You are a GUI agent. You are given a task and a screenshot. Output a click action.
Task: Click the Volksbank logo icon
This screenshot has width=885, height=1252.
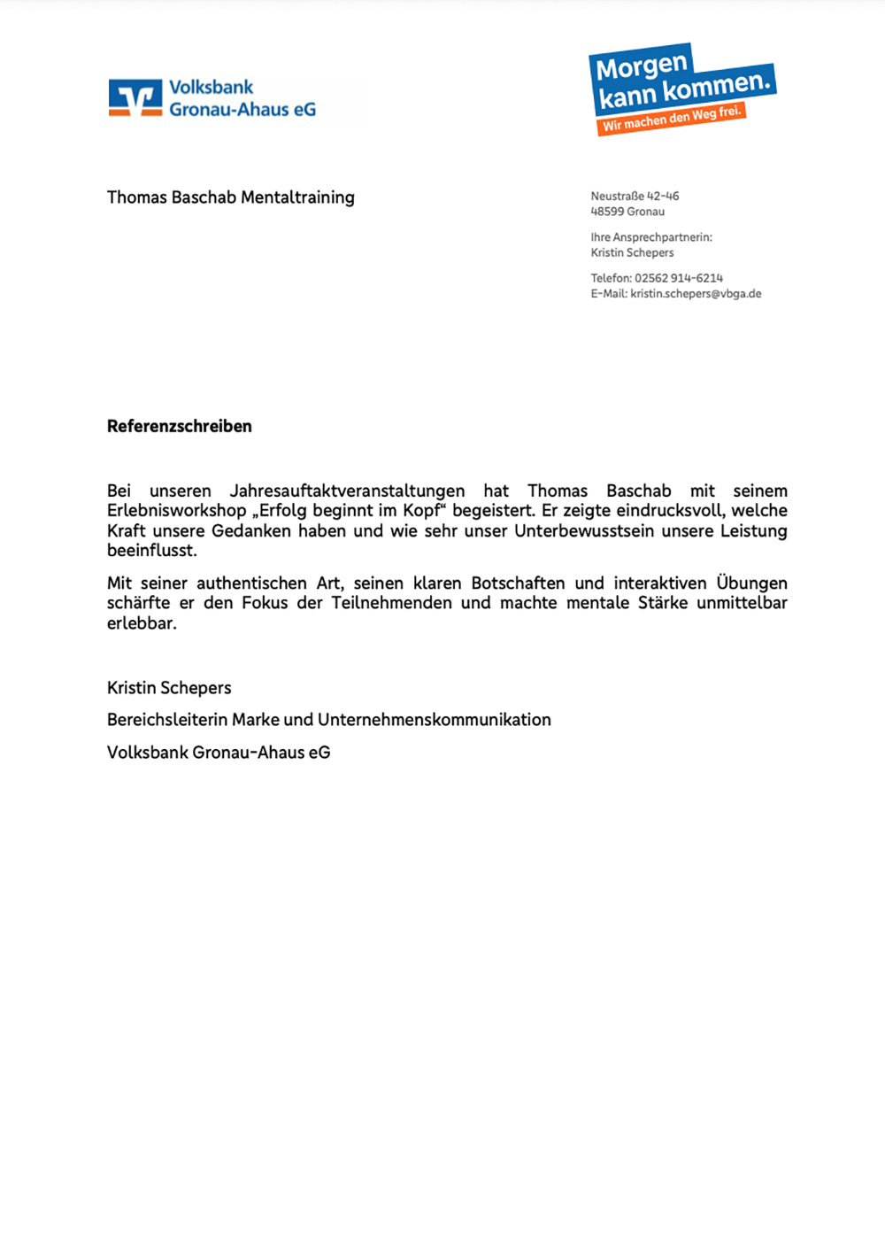point(135,98)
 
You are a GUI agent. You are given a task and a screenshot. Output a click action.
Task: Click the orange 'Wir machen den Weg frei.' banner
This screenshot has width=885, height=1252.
point(672,119)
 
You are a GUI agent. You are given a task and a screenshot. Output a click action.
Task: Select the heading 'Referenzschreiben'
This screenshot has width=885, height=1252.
point(180,426)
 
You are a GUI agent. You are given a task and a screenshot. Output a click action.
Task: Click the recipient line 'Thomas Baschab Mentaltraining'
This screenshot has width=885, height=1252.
point(231,197)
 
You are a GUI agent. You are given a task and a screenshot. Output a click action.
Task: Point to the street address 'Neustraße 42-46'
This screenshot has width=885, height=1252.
point(635,196)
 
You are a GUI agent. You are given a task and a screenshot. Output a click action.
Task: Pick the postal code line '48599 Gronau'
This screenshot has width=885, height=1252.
point(627,212)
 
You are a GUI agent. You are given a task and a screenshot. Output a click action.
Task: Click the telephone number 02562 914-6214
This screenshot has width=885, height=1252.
point(678,278)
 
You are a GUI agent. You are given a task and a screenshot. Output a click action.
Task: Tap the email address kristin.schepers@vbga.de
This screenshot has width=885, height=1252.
point(696,294)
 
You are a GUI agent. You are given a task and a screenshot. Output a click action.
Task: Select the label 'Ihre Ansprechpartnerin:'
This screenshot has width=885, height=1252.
point(651,237)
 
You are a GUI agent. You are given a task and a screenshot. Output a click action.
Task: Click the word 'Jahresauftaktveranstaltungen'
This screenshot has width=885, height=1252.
point(347,491)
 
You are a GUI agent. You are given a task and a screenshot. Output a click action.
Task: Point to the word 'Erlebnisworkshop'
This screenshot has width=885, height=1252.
point(177,511)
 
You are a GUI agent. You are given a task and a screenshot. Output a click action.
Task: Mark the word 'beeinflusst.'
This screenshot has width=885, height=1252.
point(152,551)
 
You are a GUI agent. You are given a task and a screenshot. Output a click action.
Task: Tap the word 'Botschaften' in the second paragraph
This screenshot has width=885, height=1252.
point(518,583)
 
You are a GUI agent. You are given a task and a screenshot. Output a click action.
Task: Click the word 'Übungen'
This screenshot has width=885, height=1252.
point(751,583)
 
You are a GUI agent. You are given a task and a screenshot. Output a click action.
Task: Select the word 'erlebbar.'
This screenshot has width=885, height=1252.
point(142,623)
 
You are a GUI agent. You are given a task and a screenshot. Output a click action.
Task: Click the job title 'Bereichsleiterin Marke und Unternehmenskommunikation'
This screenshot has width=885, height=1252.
point(329,720)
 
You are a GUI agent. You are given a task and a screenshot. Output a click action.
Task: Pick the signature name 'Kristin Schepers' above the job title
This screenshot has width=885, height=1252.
point(169,688)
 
